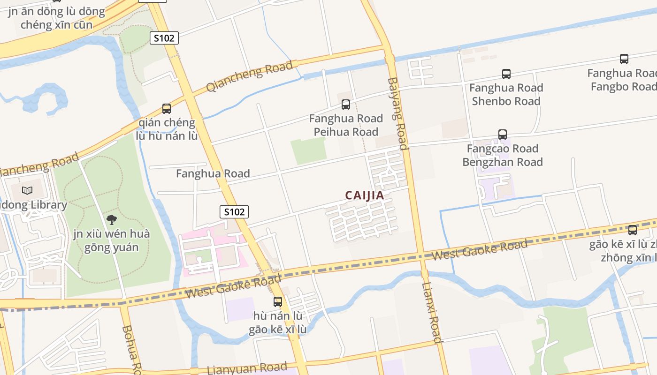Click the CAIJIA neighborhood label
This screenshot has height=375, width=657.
(365, 195)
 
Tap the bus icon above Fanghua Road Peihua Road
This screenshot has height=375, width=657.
(346, 105)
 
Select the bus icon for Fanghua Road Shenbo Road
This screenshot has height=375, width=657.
(506, 74)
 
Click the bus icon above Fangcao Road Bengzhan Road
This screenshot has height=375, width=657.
(503, 135)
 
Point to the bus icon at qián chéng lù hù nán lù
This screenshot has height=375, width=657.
(167, 109)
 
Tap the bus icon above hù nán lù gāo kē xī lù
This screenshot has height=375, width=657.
(278, 301)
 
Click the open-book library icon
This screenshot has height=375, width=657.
(28, 191)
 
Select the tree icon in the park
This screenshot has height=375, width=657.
(111, 219)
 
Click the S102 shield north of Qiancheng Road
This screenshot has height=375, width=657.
(164, 38)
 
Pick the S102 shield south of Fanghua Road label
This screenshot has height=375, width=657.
(234, 212)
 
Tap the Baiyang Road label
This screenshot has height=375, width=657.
(397, 113)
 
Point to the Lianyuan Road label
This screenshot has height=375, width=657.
(247, 368)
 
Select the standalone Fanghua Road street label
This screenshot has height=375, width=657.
(213, 173)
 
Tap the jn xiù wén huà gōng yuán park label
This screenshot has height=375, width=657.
(111, 240)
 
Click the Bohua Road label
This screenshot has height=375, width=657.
(130, 347)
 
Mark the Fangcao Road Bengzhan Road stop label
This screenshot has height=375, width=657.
(503, 155)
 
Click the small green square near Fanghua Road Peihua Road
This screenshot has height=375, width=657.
(308, 151)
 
